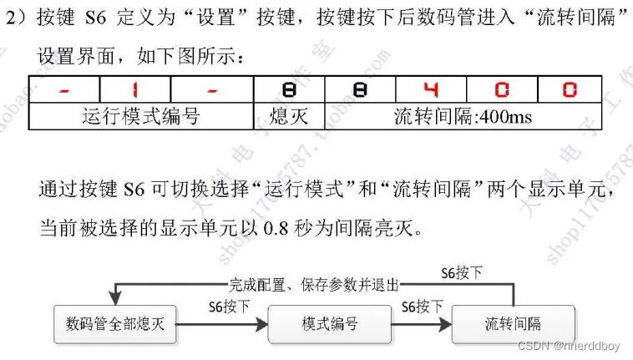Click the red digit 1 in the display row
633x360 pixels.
pyautogui.click(x=135, y=89)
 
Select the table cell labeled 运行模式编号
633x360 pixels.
pyautogui.click(x=141, y=115)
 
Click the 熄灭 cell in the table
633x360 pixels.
pyautogui.click(x=289, y=115)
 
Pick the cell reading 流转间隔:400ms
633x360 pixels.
pyautogui.click(x=462, y=115)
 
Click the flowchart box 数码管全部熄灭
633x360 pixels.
pyautogui.click(x=115, y=323)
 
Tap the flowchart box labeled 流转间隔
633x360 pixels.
pyautogui.click(x=514, y=323)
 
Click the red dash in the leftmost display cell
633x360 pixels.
pyautogui.click(x=65, y=89)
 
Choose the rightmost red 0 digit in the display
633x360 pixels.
pyautogui.click(x=569, y=89)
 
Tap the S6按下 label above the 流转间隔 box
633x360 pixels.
pyautogui.click(x=461, y=273)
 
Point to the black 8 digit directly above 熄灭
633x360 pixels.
pyautogui.click(x=289, y=89)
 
